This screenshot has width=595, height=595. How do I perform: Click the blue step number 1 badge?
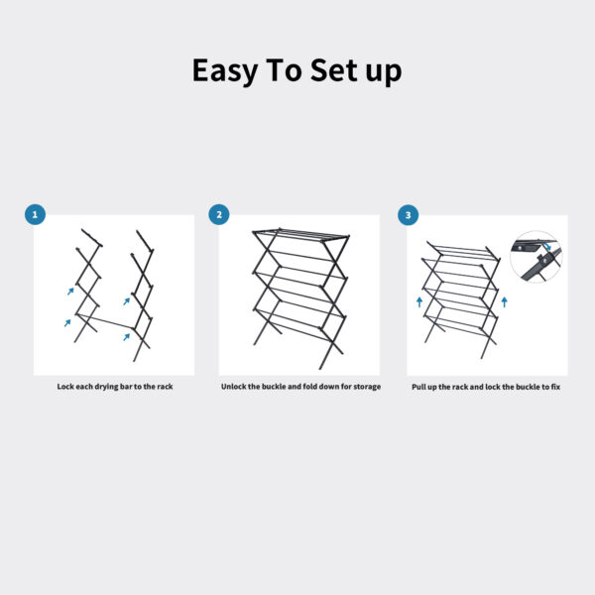coord(36,215)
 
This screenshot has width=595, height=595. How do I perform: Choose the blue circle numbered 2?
coord(219,215)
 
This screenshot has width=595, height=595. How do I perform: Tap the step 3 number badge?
coord(408,215)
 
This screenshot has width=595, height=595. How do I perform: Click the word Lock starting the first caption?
coord(66,386)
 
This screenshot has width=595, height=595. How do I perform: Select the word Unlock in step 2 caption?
coord(235,386)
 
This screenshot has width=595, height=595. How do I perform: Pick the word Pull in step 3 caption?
coord(419,386)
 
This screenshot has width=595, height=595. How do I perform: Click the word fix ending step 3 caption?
coord(554,386)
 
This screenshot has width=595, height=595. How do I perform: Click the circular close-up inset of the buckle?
coord(535,257)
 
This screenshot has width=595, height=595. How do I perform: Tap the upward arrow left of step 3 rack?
coord(419,301)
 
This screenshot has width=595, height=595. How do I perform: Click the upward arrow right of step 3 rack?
coord(505,299)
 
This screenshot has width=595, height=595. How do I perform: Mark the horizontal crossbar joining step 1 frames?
coord(110,324)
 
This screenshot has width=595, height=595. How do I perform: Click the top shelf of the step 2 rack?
coord(301,235)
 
